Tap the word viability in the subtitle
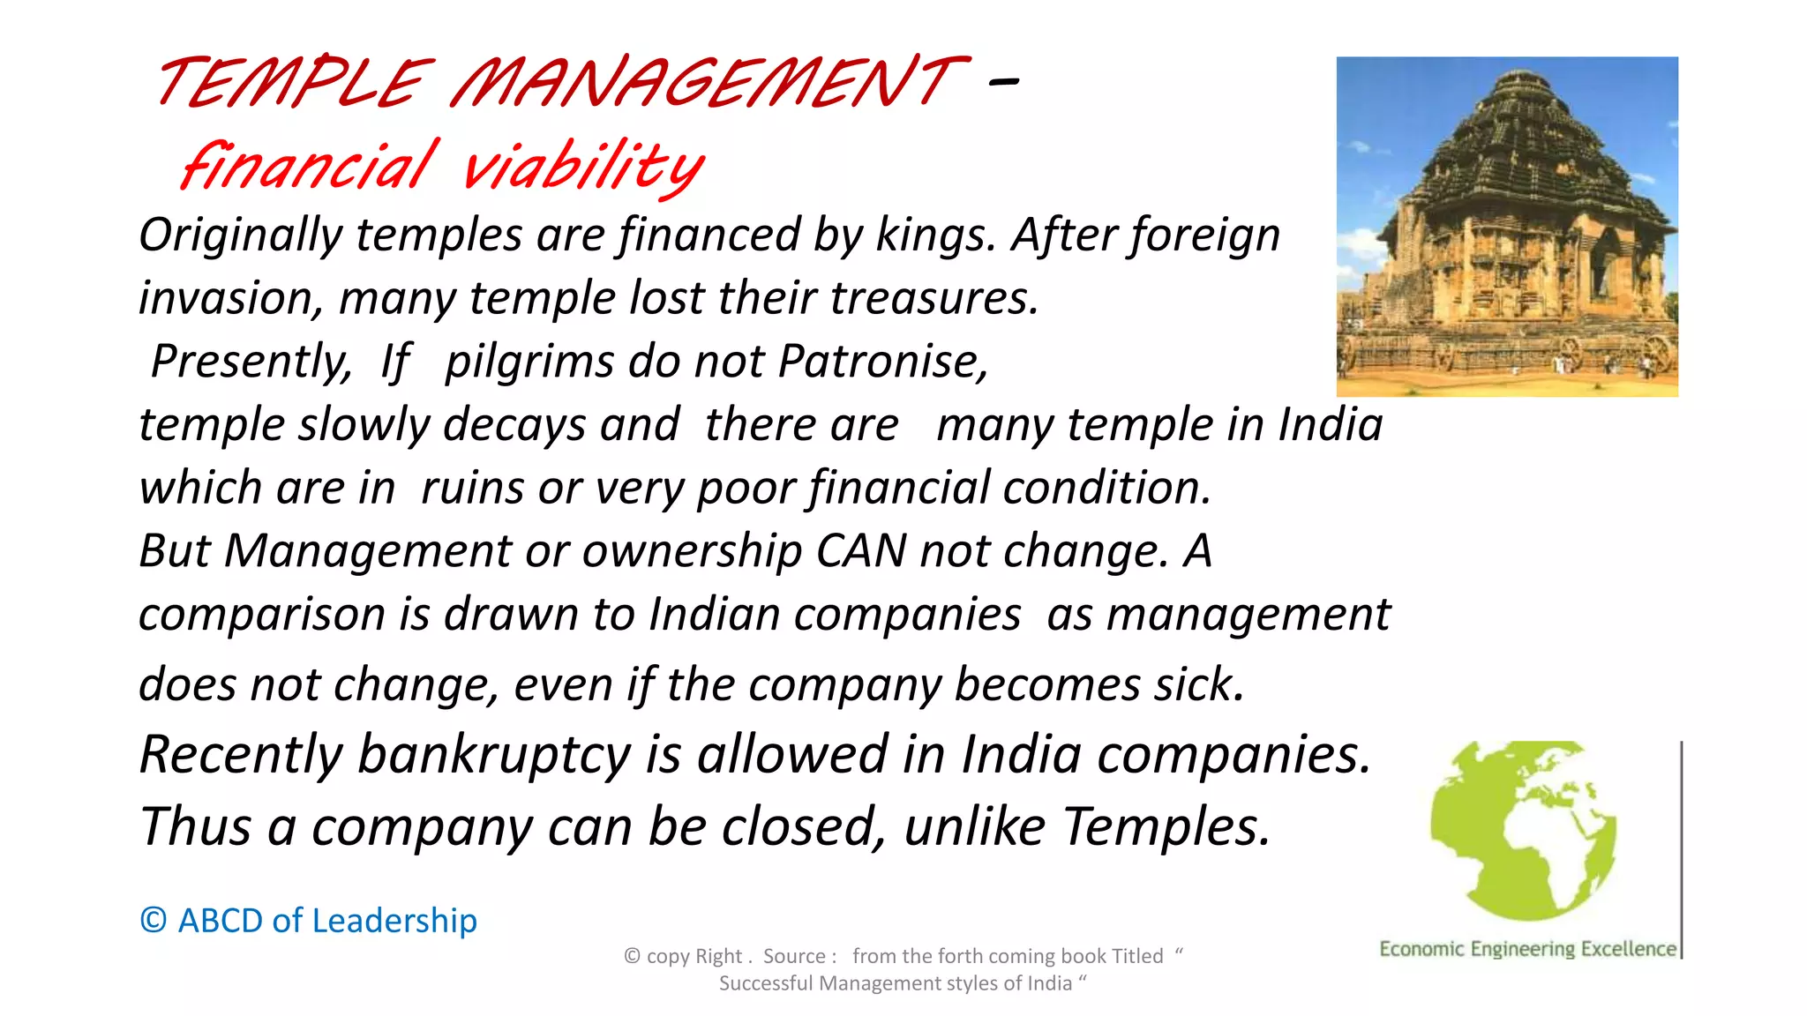click(582, 166)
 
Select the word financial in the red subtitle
click(307, 165)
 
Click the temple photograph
click(1506, 226)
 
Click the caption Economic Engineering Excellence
click(1527, 949)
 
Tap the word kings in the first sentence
click(934, 235)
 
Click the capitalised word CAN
click(861, 551)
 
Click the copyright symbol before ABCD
click(154, 921)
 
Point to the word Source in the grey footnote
click(794, 956)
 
